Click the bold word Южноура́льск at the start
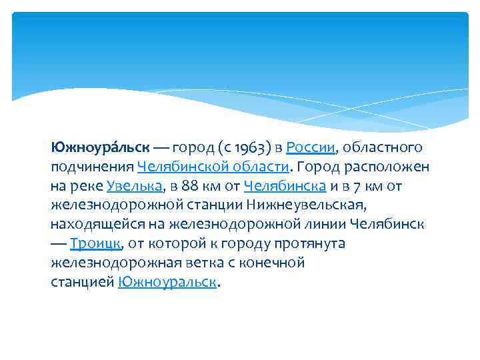(101, 147)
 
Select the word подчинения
(92, 166)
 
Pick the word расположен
(388, 166)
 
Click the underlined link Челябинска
(285, 185)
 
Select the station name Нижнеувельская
(305, 205)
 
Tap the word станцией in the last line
(82, 282)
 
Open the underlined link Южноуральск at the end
(167, 282)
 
